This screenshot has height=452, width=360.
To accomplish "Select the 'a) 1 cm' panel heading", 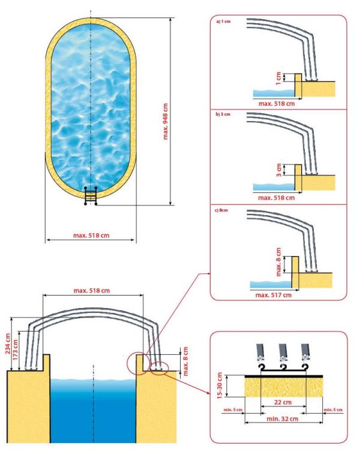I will [x=222, y=22].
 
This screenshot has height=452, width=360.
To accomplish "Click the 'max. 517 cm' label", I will [x=274, y=294].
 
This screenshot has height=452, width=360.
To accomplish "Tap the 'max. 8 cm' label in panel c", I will [x=278, y=261].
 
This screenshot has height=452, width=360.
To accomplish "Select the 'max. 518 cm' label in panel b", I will [x=276, y=197].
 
